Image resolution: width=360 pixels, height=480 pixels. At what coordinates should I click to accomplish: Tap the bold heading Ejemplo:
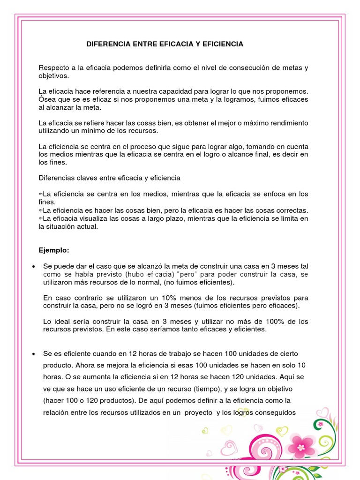[53, 250]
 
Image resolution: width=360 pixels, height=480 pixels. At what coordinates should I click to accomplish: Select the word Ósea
[47, 99]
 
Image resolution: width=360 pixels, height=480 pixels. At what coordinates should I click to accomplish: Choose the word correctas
[289, 210]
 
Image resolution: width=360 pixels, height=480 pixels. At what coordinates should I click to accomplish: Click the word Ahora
[86, 365]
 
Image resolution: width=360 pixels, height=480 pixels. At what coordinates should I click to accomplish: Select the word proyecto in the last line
[198, 412]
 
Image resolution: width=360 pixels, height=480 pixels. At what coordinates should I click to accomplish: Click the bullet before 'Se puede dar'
[33, 267]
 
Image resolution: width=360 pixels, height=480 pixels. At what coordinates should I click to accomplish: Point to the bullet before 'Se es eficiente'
[33, 353]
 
